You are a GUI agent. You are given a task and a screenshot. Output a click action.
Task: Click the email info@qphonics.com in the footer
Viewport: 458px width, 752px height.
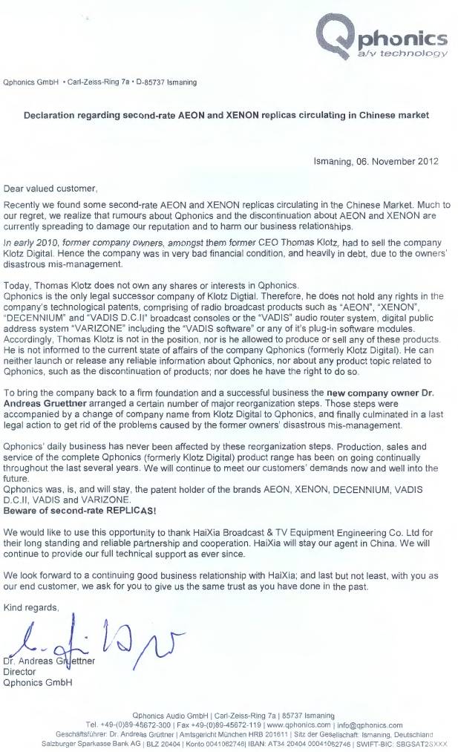tap(369, 725)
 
